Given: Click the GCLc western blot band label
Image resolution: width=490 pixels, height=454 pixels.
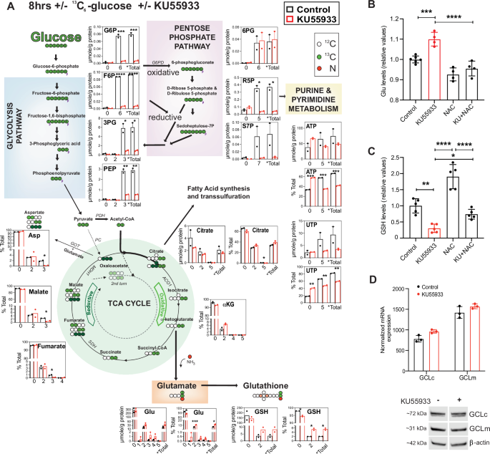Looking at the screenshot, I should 475,413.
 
